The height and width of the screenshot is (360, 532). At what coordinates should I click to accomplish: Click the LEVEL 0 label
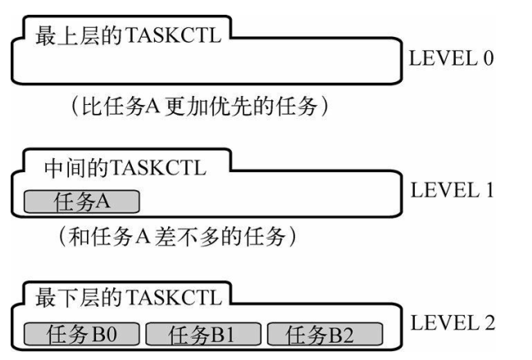(451, 58)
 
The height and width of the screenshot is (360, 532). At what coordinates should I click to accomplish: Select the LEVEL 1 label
(452, 189)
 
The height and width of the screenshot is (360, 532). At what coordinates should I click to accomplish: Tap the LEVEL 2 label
(452, 322)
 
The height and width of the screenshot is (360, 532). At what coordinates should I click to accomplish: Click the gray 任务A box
(82, 202)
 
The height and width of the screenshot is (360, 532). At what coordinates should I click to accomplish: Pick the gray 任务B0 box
(82, 335)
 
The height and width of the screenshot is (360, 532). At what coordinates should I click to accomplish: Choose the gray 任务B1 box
(203, 335)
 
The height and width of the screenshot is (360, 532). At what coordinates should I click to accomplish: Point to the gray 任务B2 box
(325, 335)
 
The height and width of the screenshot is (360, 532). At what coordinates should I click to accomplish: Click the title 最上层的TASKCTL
(128, 35)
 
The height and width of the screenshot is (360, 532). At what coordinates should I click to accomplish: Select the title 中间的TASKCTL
(125, 168)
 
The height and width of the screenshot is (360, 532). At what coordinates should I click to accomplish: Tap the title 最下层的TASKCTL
(128, 297)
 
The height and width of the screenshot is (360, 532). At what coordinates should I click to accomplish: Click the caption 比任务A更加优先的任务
(200, 107)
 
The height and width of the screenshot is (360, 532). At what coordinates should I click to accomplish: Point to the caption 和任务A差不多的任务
(177, 236)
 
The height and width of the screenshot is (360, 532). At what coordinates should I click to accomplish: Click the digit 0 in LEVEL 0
(489, 58)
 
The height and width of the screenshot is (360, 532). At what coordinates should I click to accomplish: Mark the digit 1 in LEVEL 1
(489, 189)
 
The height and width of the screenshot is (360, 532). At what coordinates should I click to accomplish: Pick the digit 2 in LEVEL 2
(489, 322)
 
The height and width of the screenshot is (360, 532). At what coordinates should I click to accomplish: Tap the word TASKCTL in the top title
(174, 35)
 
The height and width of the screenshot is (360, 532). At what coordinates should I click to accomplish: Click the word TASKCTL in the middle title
(158, 168)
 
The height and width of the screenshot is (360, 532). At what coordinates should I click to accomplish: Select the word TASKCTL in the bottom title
(174, 297)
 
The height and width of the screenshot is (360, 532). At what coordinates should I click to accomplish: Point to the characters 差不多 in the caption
(187, 236)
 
